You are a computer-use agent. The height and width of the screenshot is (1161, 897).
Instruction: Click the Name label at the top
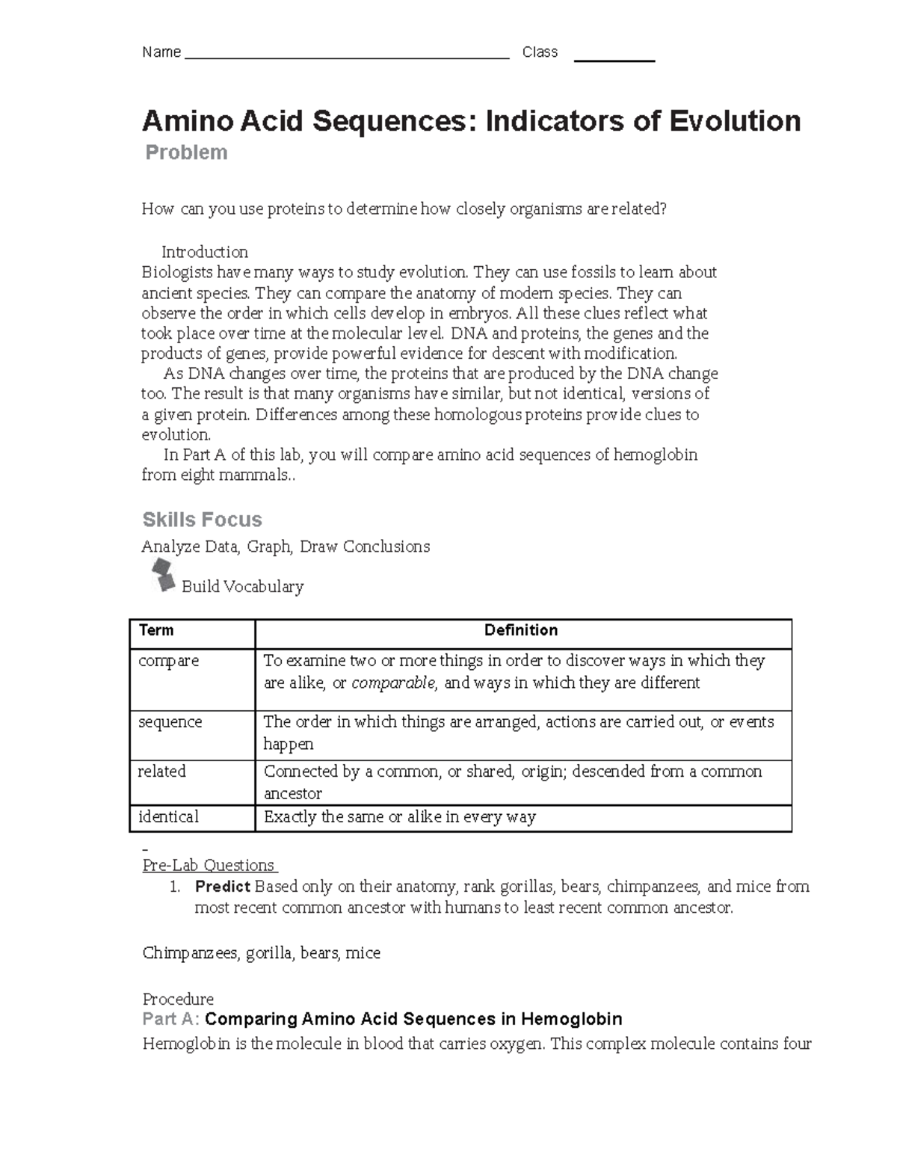(x=161, y=52)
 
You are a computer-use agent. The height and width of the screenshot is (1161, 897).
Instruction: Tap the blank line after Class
(x=614, y=57)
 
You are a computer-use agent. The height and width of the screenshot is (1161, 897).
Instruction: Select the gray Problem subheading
(x=186, y=153)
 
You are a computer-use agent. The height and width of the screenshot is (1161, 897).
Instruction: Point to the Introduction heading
(x=205, y=252)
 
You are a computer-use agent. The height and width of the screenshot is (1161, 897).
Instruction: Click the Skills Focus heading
(x=202, y=520)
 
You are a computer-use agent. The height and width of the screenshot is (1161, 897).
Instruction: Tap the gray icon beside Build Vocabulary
(x=163, y=576)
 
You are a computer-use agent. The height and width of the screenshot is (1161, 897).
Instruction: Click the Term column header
(x=156, y=630)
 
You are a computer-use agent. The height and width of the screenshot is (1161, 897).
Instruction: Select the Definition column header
(x=521, y=630)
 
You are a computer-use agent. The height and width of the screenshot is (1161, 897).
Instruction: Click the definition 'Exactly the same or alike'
(x=400, y=817)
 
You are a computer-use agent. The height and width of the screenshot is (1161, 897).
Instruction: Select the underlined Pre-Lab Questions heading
(x=209, y=866)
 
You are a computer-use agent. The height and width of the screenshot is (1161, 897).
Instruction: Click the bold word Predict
(x=222, y=887)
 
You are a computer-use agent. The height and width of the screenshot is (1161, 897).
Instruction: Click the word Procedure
(x=178, y=1000)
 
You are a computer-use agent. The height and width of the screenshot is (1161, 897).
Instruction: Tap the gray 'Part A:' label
(x=171, y=1019)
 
